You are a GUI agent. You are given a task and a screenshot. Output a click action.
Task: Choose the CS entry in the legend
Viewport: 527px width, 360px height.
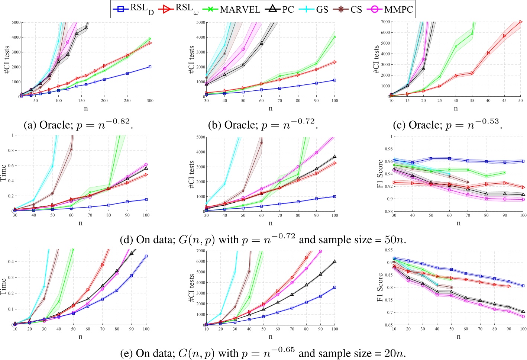coord(349,9)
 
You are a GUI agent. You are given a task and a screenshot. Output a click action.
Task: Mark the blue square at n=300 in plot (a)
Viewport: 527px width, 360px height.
coord(150,67)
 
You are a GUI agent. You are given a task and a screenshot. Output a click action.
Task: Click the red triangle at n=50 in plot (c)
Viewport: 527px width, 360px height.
coord(521,22)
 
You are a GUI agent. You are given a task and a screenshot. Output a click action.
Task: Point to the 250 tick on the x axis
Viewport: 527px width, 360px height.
coord(127,100)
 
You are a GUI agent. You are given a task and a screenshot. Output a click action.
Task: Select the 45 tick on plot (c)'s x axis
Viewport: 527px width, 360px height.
coord(504,100)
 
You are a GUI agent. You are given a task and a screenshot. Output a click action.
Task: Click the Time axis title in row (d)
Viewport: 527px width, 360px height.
coord(3,173)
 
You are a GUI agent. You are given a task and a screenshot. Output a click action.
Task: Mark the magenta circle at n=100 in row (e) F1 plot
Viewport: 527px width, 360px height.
coord(523,316)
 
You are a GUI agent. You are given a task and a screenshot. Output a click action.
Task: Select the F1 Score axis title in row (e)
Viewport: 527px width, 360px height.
coord(380,287)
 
